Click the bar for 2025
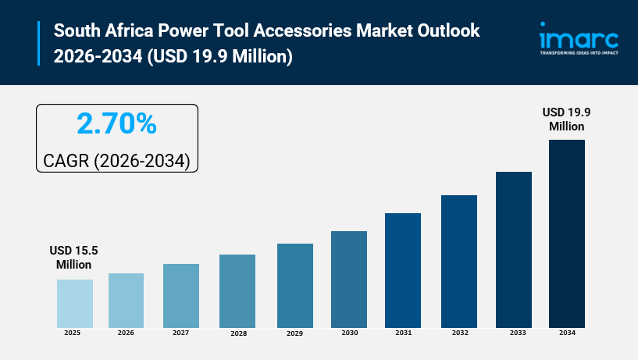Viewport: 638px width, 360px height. pyautogui.click(x=74, y=303)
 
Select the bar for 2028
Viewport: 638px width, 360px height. pyautogui.click(x=237, y=290)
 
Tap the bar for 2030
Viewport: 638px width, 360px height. pyautogui.click(x=349, y=279)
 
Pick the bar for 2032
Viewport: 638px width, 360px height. pyautogui.click(x=459, y=261)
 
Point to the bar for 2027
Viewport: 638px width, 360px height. pyautogui.click(x=181, y=295)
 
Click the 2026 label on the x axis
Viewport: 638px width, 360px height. pyautogui.click(x=126, y=333)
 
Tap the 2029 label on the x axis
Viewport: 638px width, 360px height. pyautogui.click(x=294, y=333)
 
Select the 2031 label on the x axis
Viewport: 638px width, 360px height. pyautogui.click(x=403, y=333)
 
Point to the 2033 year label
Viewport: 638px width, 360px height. pyautogui.click(x=513, y=333)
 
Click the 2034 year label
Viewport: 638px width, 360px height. pyautogui.click(x=567, y=333)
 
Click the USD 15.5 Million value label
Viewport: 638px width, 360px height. pyautogui.click(x=74, y=258)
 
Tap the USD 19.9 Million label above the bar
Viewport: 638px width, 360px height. pyautogui.click(x=566, y=119)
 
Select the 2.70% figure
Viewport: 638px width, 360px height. pyautogui.click(x=116, y=124)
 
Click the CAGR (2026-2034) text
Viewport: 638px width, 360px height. pyautogui.click(x=116, y=161)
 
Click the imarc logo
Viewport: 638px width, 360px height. pyautogui.click(x=579, y=37)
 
